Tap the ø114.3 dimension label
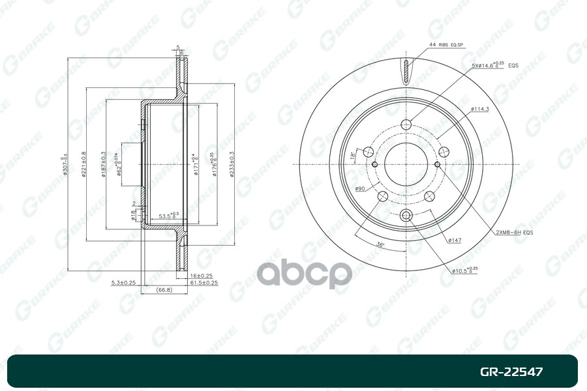[479, 108]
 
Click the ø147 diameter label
[455, 240]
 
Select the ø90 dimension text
[359, 189]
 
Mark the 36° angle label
[380, 244]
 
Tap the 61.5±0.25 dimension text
[203, 283]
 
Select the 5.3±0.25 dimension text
[123, 283]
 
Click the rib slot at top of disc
[406, 72]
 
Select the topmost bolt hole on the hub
[406, 125]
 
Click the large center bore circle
[406, 163]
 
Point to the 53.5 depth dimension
[170, 216]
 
